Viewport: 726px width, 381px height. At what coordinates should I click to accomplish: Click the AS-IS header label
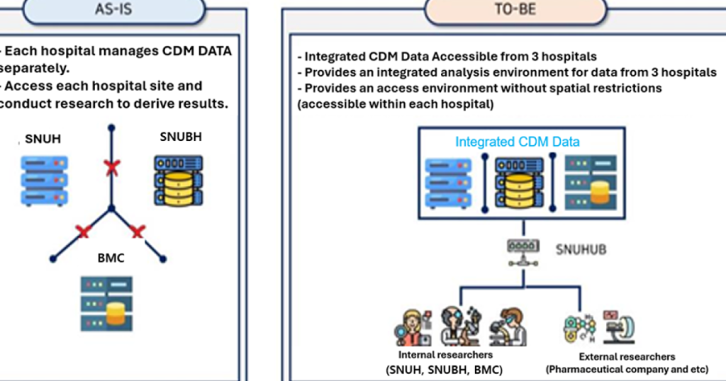[x=114, y=9]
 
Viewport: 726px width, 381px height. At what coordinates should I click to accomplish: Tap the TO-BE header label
[x=515, y=10]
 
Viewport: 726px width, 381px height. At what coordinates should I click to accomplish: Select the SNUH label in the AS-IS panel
[x=43, y=139]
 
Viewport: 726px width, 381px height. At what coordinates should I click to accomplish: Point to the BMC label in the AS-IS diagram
[x=111, y=258]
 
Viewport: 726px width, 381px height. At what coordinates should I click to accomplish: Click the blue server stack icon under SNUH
[x=44, y=181]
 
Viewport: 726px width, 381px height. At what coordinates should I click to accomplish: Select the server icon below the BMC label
[x=106, y=304]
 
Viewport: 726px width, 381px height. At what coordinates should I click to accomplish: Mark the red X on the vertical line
[x=111, y=168]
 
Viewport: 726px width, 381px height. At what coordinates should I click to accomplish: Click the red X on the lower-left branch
[x=84, y=232]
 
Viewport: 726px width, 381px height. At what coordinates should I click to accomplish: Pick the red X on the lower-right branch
[x=138, y=232]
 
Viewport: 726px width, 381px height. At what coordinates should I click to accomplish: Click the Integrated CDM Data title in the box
[x=517, y=142]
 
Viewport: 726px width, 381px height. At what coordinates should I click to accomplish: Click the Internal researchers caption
[x=445, y=354]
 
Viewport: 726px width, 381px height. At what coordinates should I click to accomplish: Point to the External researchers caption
[x=627, y=356]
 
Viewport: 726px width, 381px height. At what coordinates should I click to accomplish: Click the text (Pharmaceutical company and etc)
[x=627, y=369]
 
